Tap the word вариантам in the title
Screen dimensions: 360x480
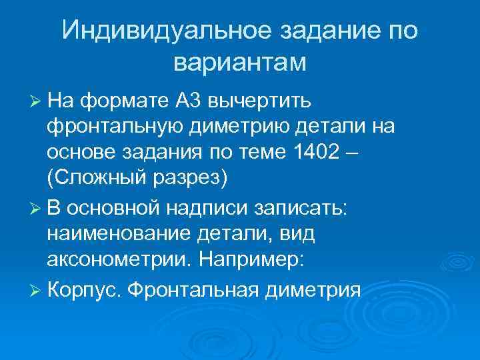tap(239, 63)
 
